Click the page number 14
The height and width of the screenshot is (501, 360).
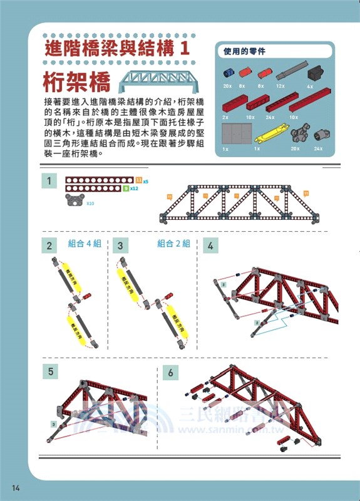14,487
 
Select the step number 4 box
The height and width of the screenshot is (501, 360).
210,245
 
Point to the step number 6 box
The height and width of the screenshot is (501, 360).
170,373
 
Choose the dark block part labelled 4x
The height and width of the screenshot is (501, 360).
315,71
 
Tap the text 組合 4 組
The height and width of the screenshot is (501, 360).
85,244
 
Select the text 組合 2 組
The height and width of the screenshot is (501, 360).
173,244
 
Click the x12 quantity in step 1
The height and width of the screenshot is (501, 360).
134,188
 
